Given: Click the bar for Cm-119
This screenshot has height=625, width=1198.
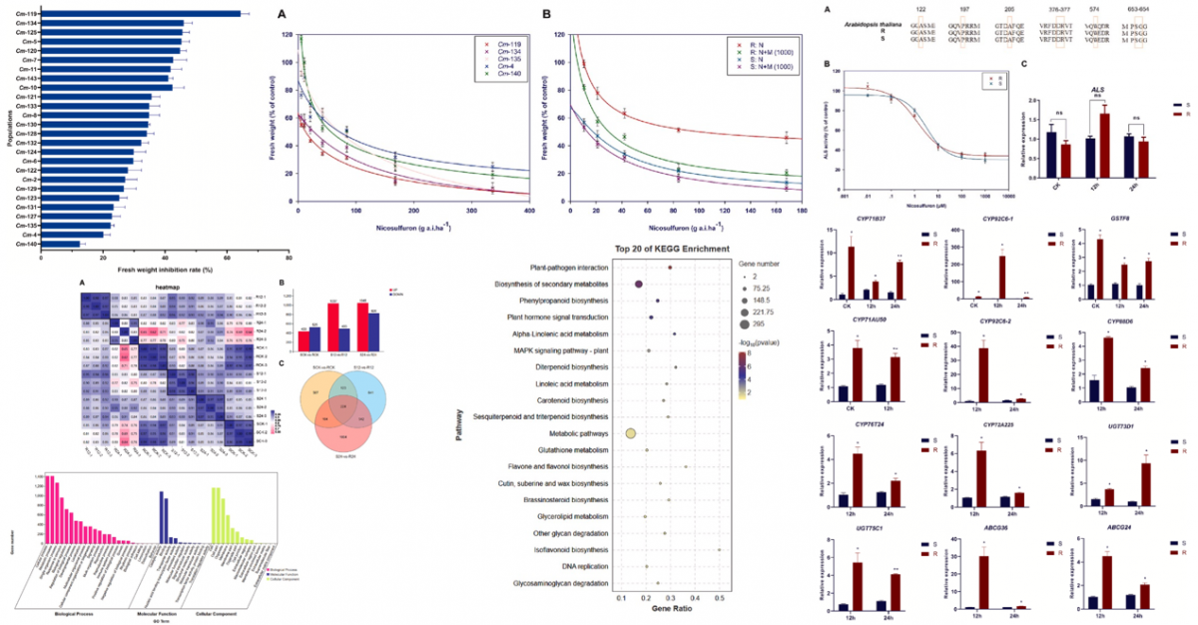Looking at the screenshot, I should (140, 13).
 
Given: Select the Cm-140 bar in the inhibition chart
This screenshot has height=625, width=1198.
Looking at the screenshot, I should (60, 244).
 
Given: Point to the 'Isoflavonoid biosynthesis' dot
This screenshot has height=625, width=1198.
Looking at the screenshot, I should (719, 549).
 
